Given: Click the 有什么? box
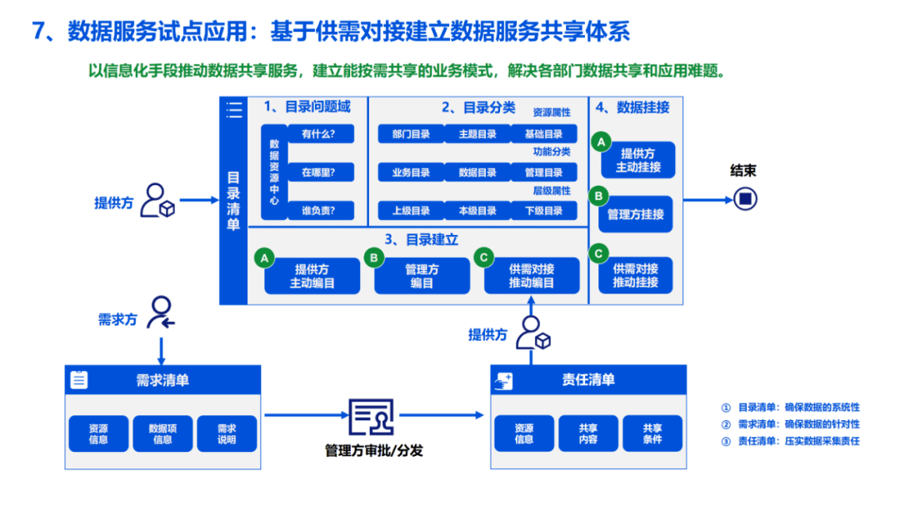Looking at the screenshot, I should pyautogui.click(x=321, y=133).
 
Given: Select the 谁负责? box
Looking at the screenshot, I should pyautogui.click(x=321, y=211).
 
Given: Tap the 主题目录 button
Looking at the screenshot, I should pyautogui.click(x=477, y=134).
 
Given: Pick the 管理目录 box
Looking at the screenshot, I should pyautogui.click(x=544, y=173).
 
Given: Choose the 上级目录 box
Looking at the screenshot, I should pyautogui.click(x=411, y=211).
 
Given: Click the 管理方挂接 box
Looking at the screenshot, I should pyautogui.click(x=636, y=214).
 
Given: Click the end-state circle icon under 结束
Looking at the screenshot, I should pyautogui.click(x=745, y=198).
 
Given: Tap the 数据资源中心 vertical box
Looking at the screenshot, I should pyautogui.click(x=274, y=173).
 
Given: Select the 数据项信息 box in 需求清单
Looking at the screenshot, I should pyautogui.click(x=162, y=433).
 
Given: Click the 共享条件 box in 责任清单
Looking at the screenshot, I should pyautogui.click(x=652, y=433).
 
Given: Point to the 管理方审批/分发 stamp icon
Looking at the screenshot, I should pyautogui.click(x=371, y=418).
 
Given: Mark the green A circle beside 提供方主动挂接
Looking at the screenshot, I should pyautogui.click(x=600, y=142).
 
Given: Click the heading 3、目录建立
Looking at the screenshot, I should pyautogui.click(x=422, y=239).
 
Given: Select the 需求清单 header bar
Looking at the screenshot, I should pyautogui.click(x=162, y=380).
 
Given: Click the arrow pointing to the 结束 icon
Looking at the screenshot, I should pyautogui.click(x=707, y=199).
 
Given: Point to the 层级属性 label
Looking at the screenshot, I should pyautogui.click(x=552, y=191).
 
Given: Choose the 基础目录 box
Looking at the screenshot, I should pyautogui.click(x=544, y=134).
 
